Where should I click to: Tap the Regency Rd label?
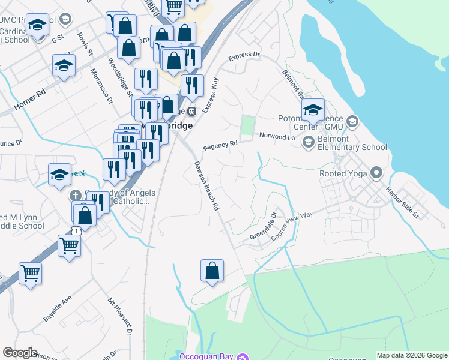click(x=220, y=145)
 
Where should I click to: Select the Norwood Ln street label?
click(x=277, y=136)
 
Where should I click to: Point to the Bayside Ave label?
click(x=58, y=307)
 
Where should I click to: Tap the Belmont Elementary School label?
click(x=352, y=143)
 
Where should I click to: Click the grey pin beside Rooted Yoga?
click(x=376, y=173)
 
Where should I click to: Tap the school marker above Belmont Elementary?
click(x=313, y=110)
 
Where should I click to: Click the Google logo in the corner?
click(x=20, y=353)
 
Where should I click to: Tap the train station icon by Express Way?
click(x=191, y=111)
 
